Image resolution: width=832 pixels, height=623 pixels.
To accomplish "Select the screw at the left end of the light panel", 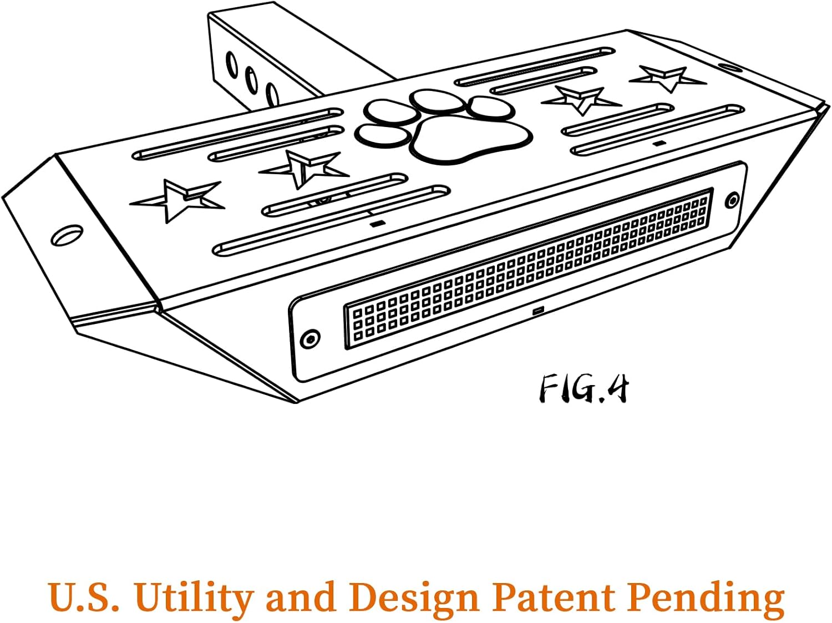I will coord(310,337).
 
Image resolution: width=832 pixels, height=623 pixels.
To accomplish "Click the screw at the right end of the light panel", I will coord(733,199).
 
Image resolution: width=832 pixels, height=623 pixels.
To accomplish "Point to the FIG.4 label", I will coord(585,388).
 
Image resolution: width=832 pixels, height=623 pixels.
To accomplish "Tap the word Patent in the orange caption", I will coord(555,597).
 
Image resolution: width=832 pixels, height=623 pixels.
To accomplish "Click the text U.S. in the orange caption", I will coord(84,597).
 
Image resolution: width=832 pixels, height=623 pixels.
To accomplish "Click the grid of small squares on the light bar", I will coord(527,270).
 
